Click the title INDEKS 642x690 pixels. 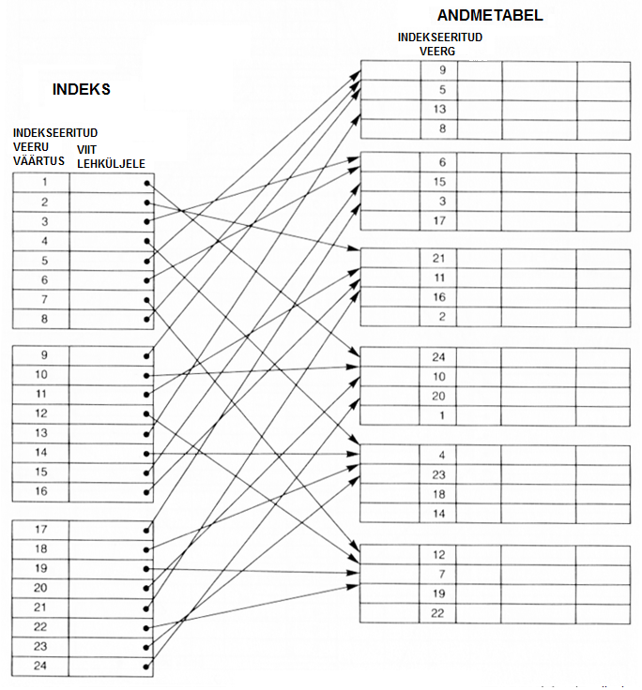(81, 89)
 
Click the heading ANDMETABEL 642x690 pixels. (490, 15)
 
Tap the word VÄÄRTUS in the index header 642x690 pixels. (38, 161)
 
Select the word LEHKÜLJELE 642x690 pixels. (111, 164)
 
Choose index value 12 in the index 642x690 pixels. (40, 413)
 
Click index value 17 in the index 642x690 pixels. (40, 530)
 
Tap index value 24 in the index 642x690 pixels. (40, 666)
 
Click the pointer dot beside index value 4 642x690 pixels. (146, 241)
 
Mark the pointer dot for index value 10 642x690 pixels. (146, 376)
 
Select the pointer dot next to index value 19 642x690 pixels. (146, 569)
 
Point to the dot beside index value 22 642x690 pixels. (146, 628)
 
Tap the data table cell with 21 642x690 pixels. (438, 259)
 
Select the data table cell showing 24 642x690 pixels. (438, 357)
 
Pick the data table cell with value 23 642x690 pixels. (438, 474)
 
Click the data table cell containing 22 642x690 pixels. (437, 613)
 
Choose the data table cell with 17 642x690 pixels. (439, 221)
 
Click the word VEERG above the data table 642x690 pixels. (437, 52)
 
